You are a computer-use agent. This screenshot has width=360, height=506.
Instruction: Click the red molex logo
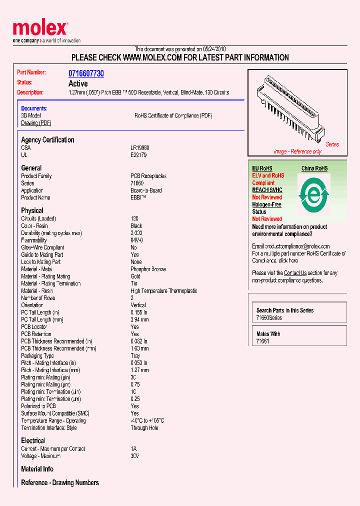pos(40,29)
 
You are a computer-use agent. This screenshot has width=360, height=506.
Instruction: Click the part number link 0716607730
pos(86,73)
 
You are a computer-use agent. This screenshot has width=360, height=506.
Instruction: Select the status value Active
pos(78,83)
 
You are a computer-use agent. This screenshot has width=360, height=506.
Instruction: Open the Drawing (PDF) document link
pos(36,123)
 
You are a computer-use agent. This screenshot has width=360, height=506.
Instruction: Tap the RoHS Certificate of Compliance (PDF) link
pos(173,115)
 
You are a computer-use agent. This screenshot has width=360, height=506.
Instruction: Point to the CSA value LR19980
pos(140,148)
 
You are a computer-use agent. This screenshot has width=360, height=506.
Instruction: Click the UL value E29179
pos(138,155)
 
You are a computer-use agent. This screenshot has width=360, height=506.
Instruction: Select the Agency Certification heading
pos(47,140)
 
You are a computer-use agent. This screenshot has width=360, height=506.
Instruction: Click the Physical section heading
pos(32,210)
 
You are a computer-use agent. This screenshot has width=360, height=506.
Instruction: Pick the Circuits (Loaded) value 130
pos(134,218)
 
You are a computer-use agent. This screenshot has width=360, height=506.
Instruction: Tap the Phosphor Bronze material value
pos(148,269)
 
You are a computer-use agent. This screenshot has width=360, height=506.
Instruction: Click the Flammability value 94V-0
pos(137,240)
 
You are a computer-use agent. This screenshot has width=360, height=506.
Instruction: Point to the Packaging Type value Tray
pos(135,356)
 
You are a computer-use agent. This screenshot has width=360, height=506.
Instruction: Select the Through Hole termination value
pos(144,428)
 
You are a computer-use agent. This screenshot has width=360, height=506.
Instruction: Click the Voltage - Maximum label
pos(41,456)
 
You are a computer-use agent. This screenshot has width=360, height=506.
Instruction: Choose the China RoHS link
pos(314,168)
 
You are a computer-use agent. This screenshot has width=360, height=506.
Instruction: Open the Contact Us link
pos(295,273)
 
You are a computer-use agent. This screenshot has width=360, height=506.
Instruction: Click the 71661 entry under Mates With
pos(262,341)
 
